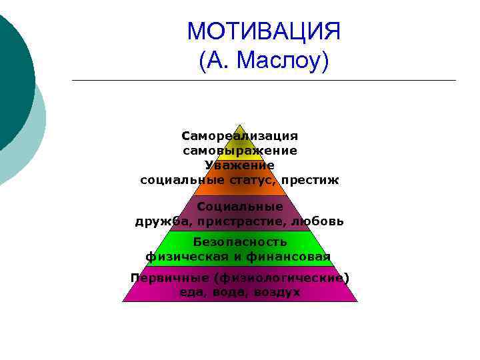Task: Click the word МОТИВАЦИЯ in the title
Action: [264, 31]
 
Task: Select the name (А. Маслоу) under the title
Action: [264, 61]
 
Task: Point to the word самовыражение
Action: [240, 151]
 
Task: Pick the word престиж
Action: [310, 180]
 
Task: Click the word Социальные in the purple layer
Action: [240, 207]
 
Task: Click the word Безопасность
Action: [240, 241]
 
